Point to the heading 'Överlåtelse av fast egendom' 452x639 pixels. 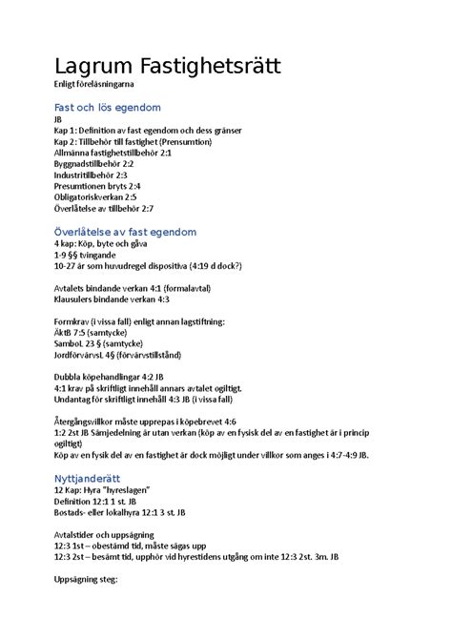[125, 231]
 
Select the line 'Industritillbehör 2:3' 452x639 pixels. [91, 175]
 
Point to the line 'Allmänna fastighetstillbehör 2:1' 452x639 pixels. [113, 153]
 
